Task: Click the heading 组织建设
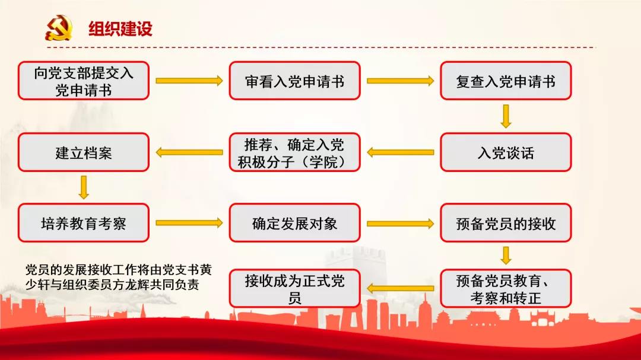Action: pyautogui.click(x=120, y=28)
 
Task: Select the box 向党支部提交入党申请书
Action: pyautogui.click(x=84, y=81)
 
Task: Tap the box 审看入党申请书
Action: pyautogui.click(x=295, y=81)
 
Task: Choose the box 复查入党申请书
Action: pyautogui.click(x=506, y=81)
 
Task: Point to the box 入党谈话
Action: pyautogui.click(x=506, y=152)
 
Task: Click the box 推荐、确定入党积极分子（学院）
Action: pyautogui.click(x=295, y=152)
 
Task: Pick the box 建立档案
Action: pyautogui.click(x=84, y=152)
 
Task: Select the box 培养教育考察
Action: pyautogui.click(x=84, y=223)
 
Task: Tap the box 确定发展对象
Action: pyautogui.click(x=295, y=223)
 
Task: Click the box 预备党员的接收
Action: pyautogui.click(x=506, y=223)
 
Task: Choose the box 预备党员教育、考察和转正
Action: pyautogui.click(x=506, y=288)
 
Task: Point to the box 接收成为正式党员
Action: pyautogui.click(x=295, y=288)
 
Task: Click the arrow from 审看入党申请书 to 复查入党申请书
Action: pyautogui.click(x=400, y=81)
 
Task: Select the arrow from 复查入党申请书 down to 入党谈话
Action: pyautogui.click(x=506, y=116)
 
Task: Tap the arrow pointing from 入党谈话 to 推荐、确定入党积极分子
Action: pyautogui.click(x=400, y=152)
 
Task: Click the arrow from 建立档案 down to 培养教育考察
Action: pyautogui.click(x=84, y=187)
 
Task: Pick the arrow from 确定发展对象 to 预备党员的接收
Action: pyautogui.click(x=400, y=224)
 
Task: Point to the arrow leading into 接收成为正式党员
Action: pyautogui.click(x=400, y=289)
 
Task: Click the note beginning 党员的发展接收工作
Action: pyautogui.click(x=119, y=277)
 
